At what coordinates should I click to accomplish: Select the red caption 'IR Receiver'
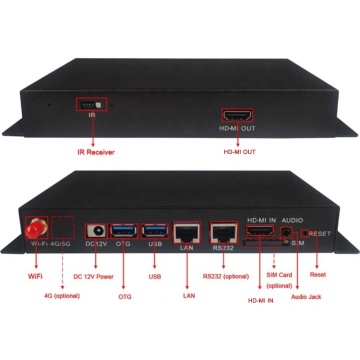click(96, 151)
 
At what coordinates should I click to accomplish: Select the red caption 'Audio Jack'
click(304, 297)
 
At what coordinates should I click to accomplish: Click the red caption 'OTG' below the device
click(126, 297)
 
